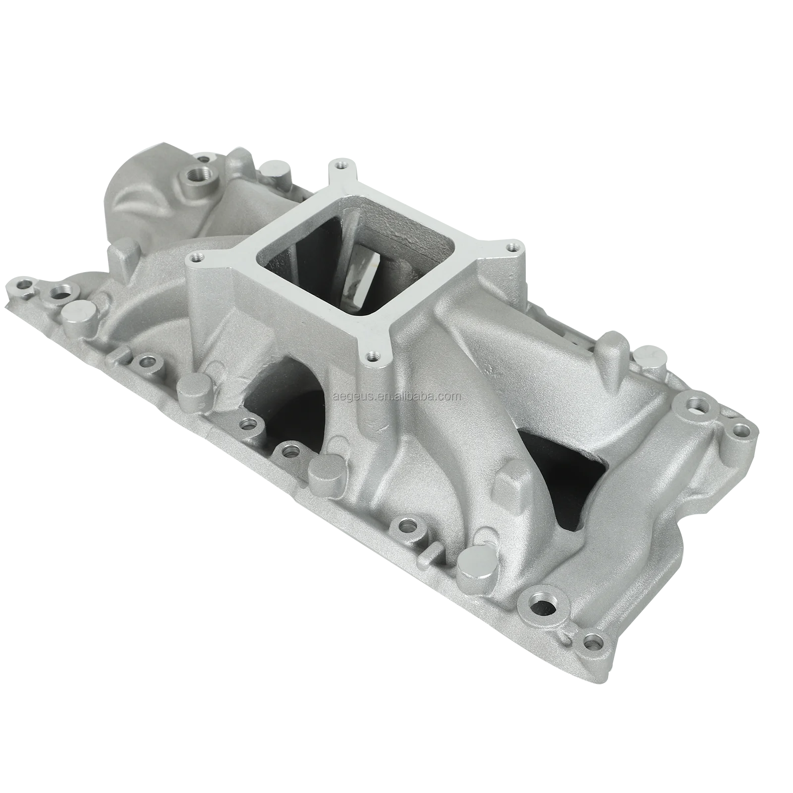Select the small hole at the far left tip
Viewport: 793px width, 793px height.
pyautogui.click(x=22, y=285)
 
